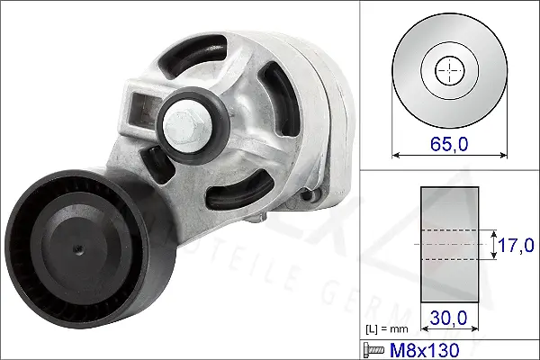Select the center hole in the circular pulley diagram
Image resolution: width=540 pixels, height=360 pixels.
click(448, 70)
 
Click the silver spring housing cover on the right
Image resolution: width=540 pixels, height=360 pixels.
click(328, 126)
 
